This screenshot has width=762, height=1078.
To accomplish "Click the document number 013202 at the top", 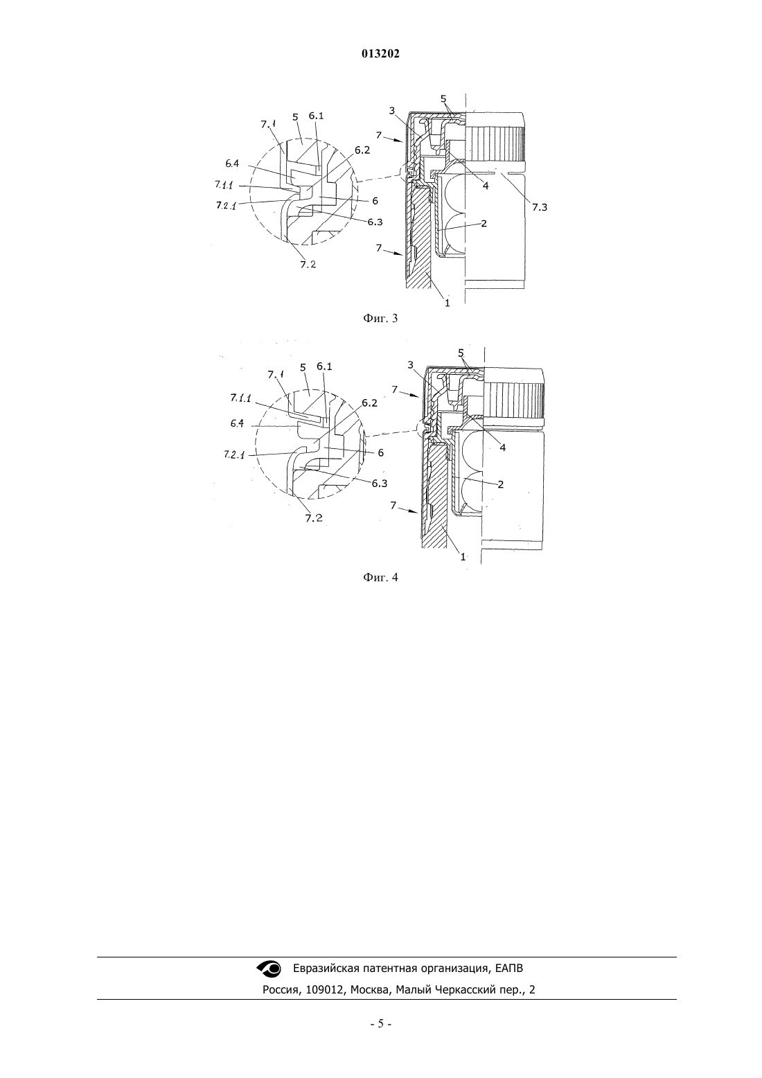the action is [380, 54].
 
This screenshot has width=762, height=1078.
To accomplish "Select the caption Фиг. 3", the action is [380, 318].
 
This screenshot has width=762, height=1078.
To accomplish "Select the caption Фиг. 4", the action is [380, 577].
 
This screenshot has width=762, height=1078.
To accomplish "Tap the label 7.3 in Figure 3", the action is [539, 207].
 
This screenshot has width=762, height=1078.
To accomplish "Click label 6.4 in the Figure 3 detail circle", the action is [232, 164].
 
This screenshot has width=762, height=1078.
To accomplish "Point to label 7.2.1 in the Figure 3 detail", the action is [226, 206].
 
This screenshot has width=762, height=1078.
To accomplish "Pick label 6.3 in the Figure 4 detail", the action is [379, 483].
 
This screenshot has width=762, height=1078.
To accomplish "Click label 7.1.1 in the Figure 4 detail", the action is [240, 398].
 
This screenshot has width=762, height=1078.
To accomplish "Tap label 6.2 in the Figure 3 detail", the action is [362, 150].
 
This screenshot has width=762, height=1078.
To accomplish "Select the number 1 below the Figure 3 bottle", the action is [447, 303].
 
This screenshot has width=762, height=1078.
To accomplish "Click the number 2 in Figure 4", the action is [500, 484].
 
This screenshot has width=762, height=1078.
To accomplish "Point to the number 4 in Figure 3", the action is [486, 185].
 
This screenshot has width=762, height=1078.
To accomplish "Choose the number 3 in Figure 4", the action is [410, 365].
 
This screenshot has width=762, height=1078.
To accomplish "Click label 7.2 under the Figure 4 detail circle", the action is [314, 518].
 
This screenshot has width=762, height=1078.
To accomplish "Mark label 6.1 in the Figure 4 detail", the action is [324, 366].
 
